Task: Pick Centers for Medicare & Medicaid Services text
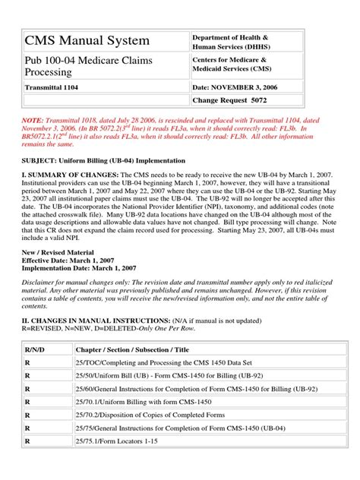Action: pyautogui.click(x=232, y=65)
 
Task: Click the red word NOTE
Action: pyautogui.click(x=33, y=120)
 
